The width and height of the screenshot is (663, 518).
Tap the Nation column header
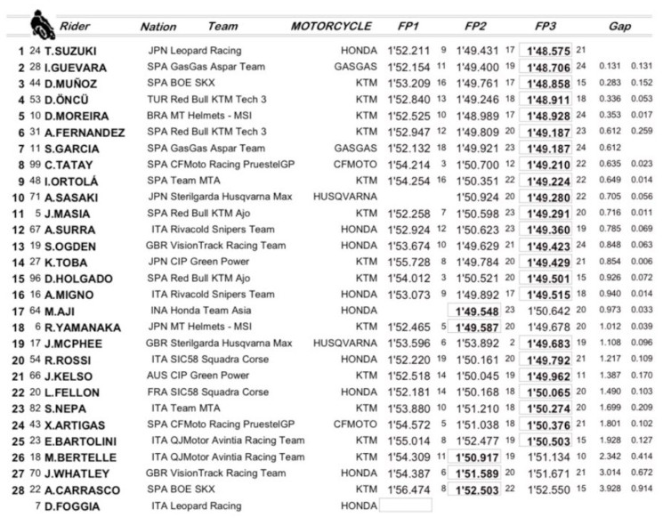[x=158, y=27]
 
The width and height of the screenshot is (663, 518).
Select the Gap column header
[x=620, y=27]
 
